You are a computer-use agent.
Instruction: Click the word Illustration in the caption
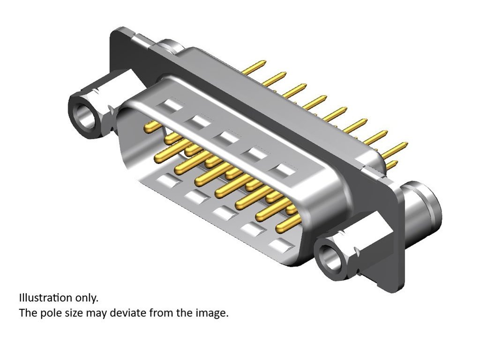click(45, 298)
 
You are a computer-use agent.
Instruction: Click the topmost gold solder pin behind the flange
click(255, 66)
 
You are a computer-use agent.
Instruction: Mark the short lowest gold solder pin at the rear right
click(393, 164)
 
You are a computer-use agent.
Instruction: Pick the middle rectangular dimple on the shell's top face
click(227, 138)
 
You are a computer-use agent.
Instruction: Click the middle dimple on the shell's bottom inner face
click(225, 212)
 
